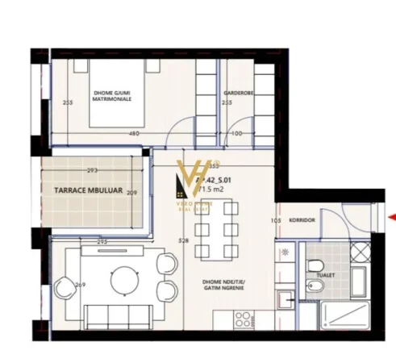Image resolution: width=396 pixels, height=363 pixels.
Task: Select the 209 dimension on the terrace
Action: (131, 193)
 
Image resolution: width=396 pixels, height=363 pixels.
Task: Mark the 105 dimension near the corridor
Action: (276, 219)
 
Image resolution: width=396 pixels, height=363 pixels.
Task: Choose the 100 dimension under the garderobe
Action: (237, 133)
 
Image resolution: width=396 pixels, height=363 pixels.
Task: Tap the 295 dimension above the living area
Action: (102, 241)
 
